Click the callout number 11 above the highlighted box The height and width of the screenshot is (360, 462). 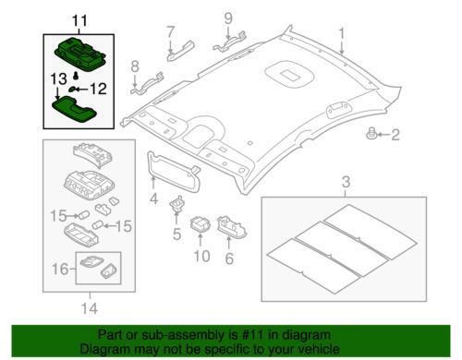click(x=79, y=21)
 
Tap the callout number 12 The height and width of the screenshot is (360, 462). click(x=98, y=89)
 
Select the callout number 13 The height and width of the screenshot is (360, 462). click(x=58, y=79)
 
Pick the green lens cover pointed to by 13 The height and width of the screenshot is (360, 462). click(x=75, y=110)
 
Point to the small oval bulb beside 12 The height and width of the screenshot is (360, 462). click(x=72, y=90)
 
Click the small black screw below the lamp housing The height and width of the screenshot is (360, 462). click(x=75, y=75)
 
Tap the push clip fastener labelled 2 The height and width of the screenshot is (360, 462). click(x=371, y=134)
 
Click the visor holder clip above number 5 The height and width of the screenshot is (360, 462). click(x=177, y=203)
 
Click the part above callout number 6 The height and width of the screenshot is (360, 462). click(x=231, y=227)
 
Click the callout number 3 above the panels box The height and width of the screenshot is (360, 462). click(x=346, y=182)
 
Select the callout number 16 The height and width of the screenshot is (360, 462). click(x=60, y=269)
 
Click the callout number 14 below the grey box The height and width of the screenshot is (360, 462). click(x=90, y=308)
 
